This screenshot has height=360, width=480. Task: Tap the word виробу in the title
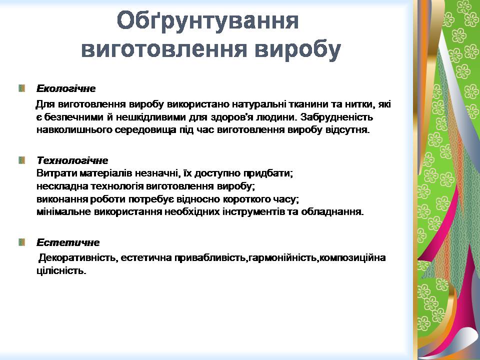click(297, 49)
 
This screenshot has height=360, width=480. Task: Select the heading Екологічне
click(66, 89)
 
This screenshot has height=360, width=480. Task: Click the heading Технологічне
click(72, 160)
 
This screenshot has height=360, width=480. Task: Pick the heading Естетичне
click(68, 242)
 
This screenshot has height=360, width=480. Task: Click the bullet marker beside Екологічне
click(21, 88)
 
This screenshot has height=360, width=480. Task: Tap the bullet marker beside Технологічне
click(21, 160)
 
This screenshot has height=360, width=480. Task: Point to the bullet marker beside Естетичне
click(21, 242)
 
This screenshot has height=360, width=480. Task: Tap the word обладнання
click(332, 212)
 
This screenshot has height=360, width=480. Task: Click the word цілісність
click(61, 271)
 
